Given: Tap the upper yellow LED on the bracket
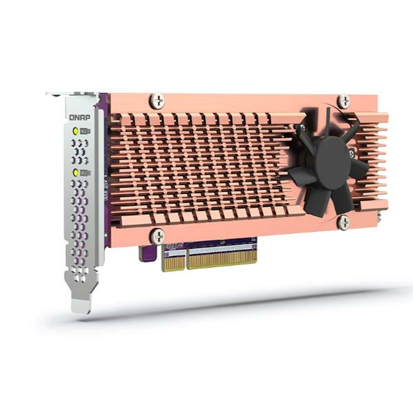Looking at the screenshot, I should click(x=75, y=131).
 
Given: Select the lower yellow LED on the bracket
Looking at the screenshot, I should click(x=75, y=172).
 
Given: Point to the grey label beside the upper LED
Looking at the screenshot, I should click(x=84, y=131).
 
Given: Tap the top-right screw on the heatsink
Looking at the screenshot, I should click(x=344, y=100).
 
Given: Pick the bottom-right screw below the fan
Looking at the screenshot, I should click(x=344, y=223).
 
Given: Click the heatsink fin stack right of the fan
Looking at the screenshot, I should click(x=373, y=162).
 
